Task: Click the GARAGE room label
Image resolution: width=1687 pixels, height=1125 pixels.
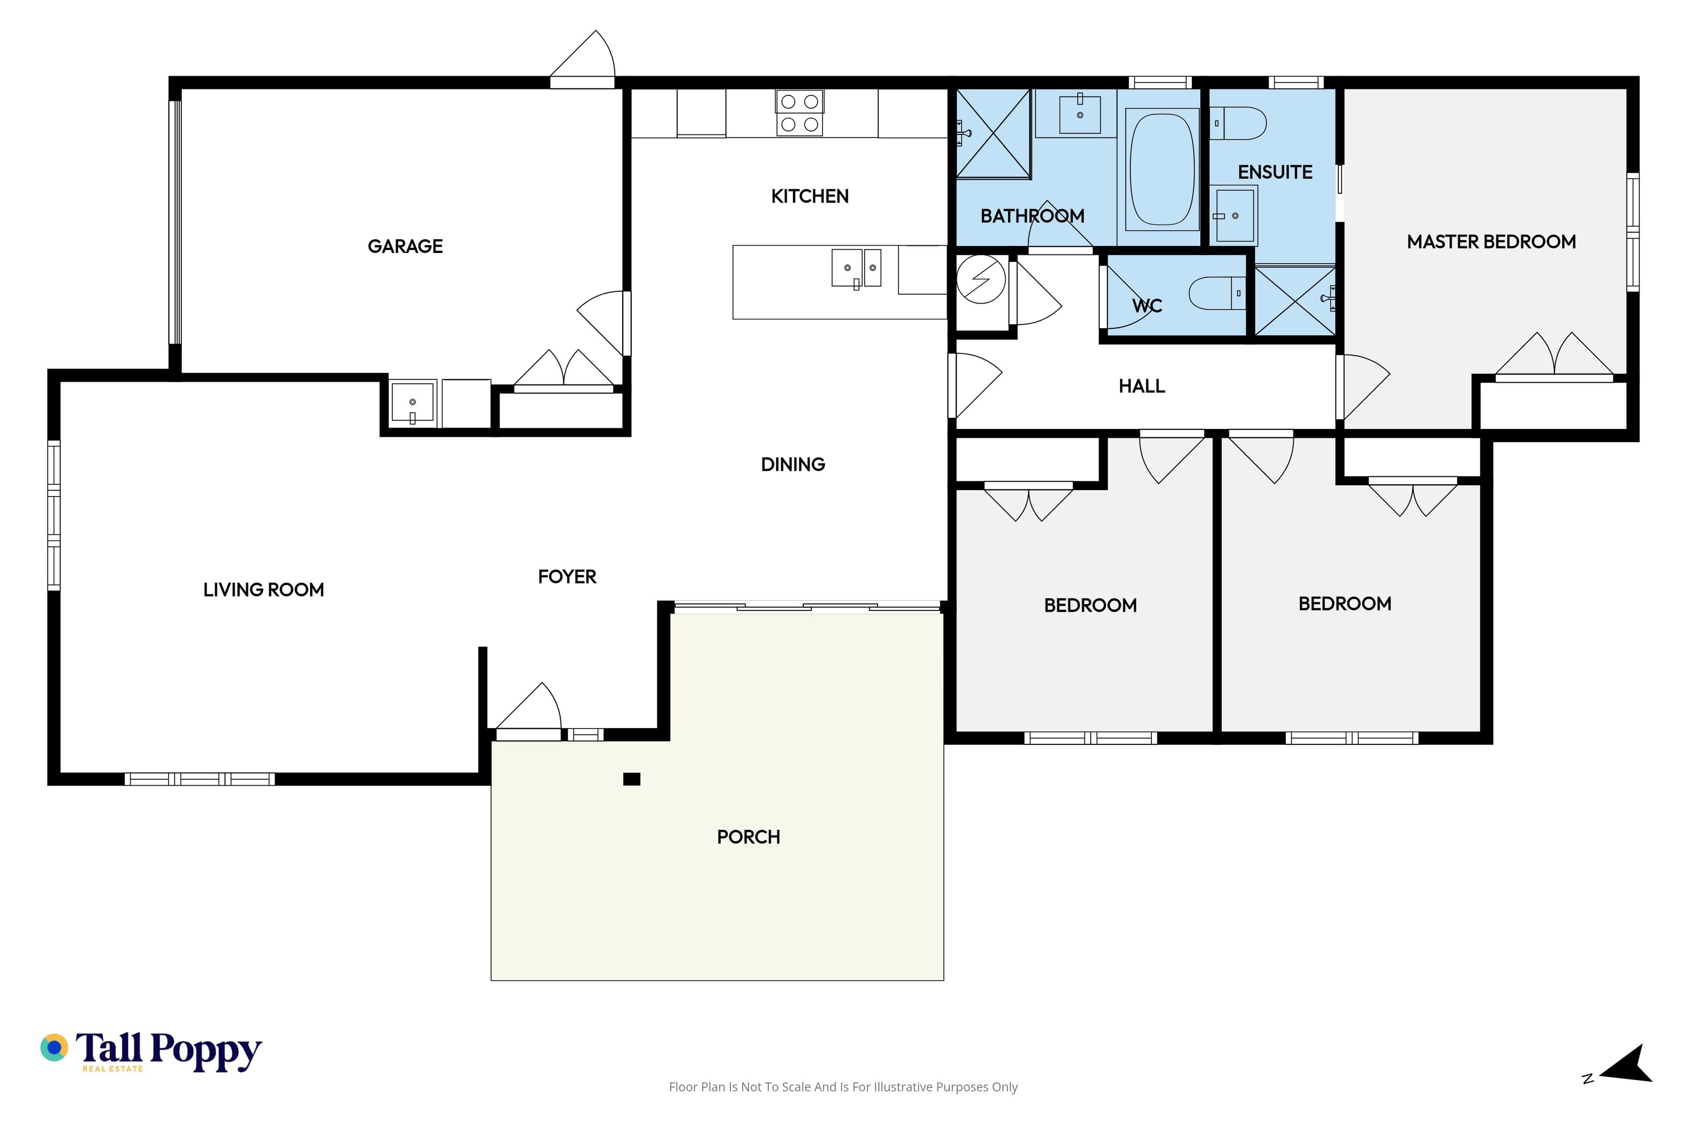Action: pyautogui.click(x=405, y=246)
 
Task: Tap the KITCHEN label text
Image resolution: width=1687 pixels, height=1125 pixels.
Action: pyautogui.click(x=810, y=196)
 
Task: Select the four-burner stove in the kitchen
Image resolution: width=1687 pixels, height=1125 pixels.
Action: pyautogui.click(x=799, y=112)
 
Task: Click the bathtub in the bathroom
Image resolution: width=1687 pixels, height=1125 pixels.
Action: pyautogui.click(x=1162, y=169)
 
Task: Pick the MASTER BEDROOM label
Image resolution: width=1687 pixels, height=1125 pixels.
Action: pyautogui.click(x=1491, y=242)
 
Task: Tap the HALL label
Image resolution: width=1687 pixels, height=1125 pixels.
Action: pyautogui.click(x=1142, y=386)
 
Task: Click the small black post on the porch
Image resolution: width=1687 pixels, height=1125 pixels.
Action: pyautogui.click(x=631, y=779)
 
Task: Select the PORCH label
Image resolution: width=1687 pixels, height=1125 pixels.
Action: pyautogui.click(x=748, y=837)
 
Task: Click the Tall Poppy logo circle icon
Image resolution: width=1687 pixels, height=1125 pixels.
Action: pyautogui.click(x=54, y=1048)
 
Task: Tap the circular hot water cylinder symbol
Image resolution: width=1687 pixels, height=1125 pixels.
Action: pyautogui.click(x=981, y=279)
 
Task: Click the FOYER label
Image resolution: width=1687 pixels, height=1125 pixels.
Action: pyautogui.click(x=567, y=577)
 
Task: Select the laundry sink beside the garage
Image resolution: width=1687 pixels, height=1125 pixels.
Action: pyautogui.click(x=413, y=403)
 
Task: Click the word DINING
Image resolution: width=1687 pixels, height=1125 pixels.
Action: pyautogui.click(x=793, y=464)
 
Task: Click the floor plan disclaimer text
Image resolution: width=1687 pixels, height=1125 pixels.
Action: pyautogui.click(x=843, y=1087)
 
